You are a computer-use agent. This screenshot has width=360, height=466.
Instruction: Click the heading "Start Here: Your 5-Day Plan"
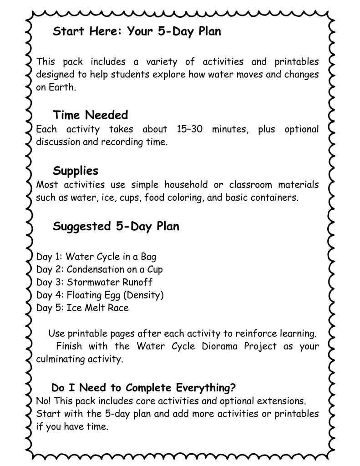pos(137,32)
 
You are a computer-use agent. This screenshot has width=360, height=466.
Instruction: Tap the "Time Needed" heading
pos(90,114)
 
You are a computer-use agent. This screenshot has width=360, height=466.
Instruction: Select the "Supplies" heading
pos(76,171)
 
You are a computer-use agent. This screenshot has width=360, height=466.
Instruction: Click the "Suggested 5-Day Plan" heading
pos(116,226)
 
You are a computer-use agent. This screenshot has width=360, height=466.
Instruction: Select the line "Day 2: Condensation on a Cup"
pos(99,269)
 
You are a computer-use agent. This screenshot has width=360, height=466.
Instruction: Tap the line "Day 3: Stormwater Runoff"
pos(94,282)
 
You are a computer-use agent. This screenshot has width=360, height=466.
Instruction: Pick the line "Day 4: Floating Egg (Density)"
pos(100,295)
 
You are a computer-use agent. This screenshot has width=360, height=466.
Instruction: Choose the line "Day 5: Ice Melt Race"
pos(82,308)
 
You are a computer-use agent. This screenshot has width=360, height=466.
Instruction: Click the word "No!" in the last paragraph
pos(43,401)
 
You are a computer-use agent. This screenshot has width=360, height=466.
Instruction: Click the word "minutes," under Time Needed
pos(232,129)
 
